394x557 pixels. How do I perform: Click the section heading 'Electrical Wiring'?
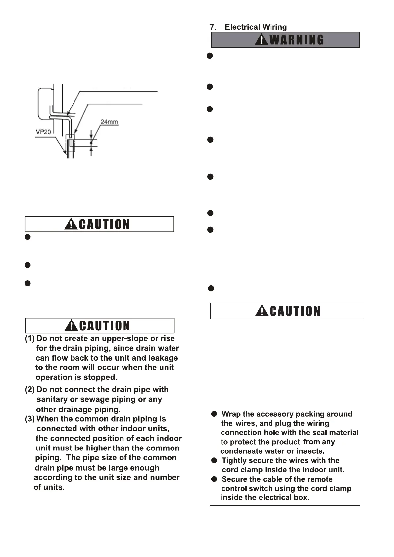256,27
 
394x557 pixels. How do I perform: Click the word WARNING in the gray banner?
297,40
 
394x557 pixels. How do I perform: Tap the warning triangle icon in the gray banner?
261,40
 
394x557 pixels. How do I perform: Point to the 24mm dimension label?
109,122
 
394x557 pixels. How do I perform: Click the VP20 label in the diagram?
43,132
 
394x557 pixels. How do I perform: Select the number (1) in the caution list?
30,339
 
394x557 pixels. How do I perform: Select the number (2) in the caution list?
30,390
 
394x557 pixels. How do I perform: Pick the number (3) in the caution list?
30,419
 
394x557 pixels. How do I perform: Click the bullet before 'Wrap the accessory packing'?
215,414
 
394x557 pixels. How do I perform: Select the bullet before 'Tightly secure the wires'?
215,460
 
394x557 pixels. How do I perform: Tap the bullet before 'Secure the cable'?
215,479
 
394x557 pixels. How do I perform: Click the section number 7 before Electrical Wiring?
213,27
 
